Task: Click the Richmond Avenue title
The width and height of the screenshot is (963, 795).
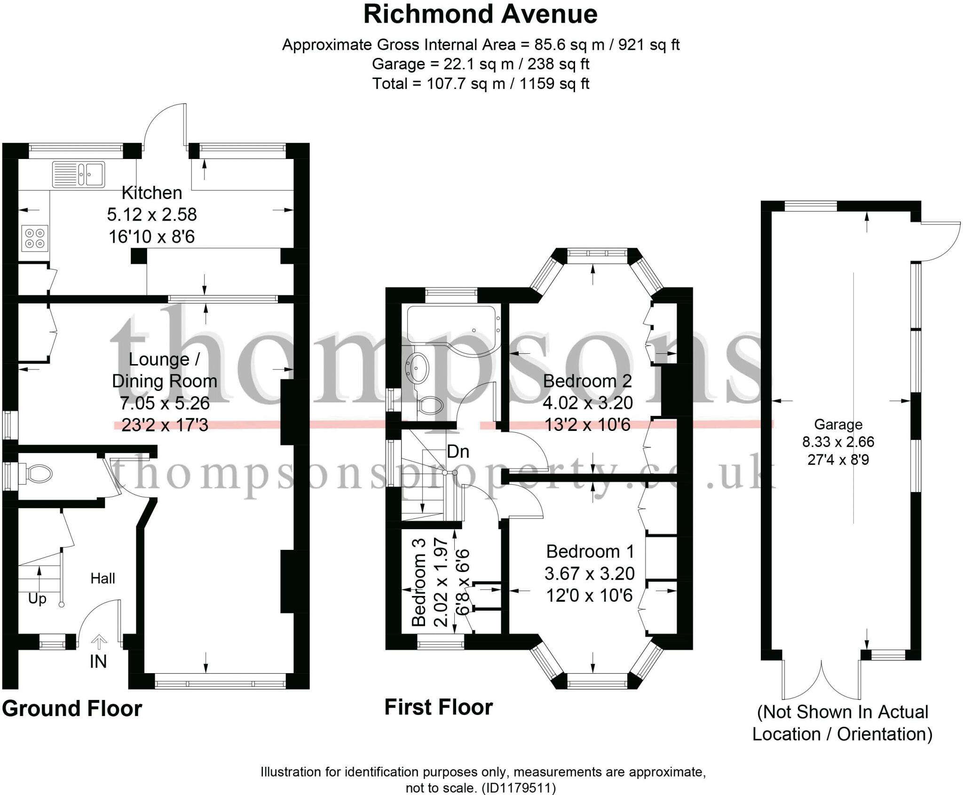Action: (x=480, y=14)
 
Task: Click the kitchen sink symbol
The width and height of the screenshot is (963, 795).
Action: (x=79, y=174)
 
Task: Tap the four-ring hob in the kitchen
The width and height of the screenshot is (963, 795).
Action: (x=35, y=238)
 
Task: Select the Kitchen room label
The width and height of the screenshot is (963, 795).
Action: (x=151, y=193)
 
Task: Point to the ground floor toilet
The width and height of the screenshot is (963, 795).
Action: (x=38, y=473)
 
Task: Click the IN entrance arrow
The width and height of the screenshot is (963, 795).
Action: (x=98, y=642)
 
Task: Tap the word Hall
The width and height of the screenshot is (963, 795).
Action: (x=103, y=578)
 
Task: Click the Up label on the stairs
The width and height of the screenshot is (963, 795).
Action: (x=37, y=599)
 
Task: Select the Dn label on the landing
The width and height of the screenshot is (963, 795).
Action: (x=458, y=452)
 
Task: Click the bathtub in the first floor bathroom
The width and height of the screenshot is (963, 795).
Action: (x=451, y=325)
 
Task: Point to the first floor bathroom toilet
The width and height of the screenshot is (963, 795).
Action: (x=430, y=405)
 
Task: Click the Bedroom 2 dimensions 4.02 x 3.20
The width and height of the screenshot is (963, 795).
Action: (x=587, y=403)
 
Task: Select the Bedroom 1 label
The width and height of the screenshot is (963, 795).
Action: (x=590, y=551)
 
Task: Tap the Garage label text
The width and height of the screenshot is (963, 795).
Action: (x=838, y=424)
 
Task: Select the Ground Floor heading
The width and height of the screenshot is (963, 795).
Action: (x=71, y=708)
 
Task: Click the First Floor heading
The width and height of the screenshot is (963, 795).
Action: (x=438, y=707)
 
